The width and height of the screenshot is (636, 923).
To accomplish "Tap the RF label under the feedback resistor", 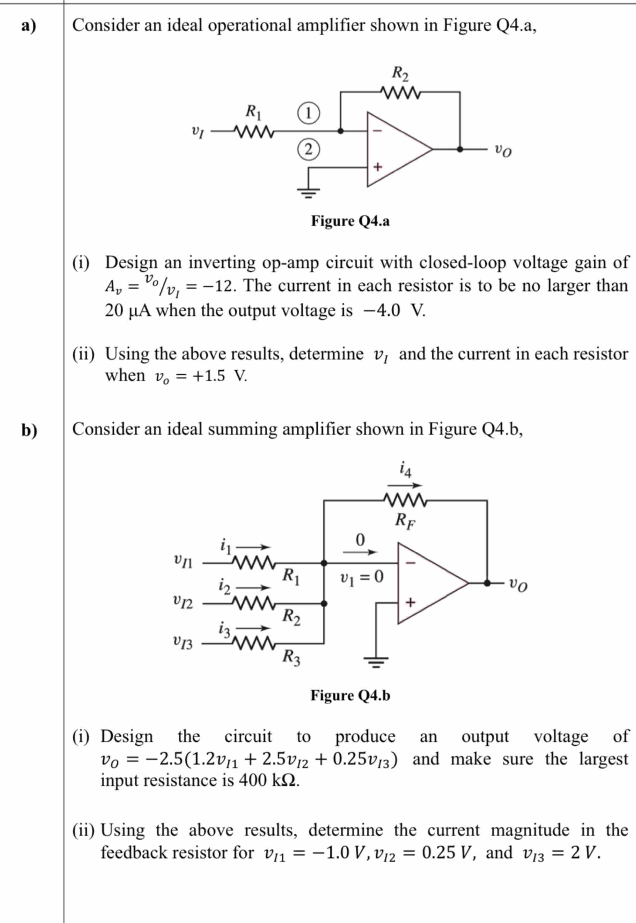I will click(x=405, y=521).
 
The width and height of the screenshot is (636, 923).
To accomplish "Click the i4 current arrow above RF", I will click(x=405, y=485).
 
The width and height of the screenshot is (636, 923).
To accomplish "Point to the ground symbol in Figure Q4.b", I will click(x=375, y=661).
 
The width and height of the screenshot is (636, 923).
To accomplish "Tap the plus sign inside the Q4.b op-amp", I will click(x=411, y=602).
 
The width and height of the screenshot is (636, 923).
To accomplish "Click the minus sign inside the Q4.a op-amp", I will click(x=377, y=130).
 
